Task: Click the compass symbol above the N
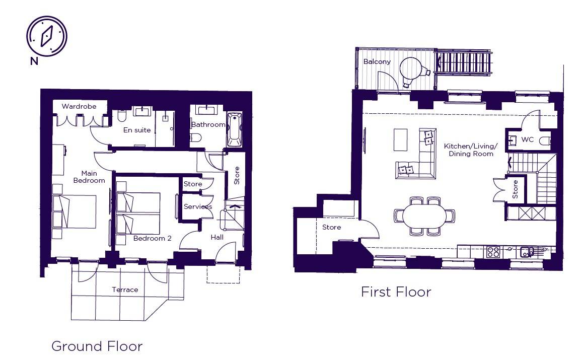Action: pos(47,36)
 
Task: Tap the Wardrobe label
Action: pos(79,106)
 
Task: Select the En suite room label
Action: pos(137,130)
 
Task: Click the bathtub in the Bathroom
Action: pos(234,129)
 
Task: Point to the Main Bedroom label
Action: pos(89,177)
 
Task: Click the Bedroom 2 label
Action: pos(152,238)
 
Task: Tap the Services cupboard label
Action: pos(198,206)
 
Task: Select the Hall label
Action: pos(217,237)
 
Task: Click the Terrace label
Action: pos(125,290)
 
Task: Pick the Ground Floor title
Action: pos(97,346)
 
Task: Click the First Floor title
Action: pos(396,292)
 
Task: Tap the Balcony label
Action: pos(377,61)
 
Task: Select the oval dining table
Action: pos(424,216)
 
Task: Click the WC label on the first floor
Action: pos(528,139)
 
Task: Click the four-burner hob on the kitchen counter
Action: pos(493,252)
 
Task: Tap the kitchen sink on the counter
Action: pos(527,252)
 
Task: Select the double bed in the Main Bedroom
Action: pos(75,211)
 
